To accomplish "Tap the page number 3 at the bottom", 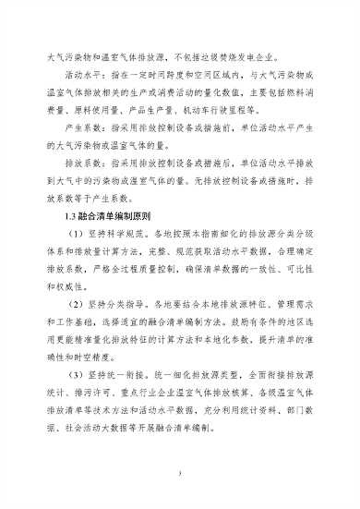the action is click(x=180, y=473).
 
